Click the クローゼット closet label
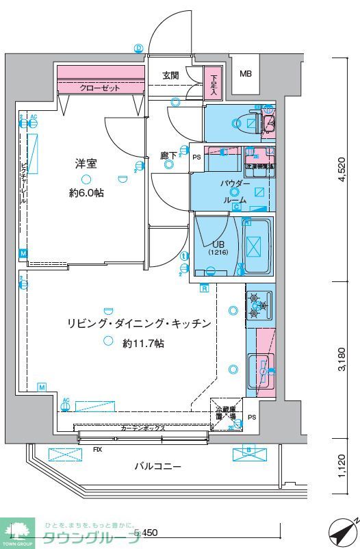[x=100, y=88]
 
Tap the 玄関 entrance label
[x=170, y=75]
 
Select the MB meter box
[x=244, y=75]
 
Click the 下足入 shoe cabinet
[x=214, y=84]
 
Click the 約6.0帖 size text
[x=86, y=194]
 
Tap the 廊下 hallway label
[x=168, y=156]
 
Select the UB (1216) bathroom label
[x=218, y=248]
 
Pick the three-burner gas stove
[x=259, y=305]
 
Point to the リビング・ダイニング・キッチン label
[x=138, y=323]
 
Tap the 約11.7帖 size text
[x=143, y=343]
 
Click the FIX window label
[x=97, y=450]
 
